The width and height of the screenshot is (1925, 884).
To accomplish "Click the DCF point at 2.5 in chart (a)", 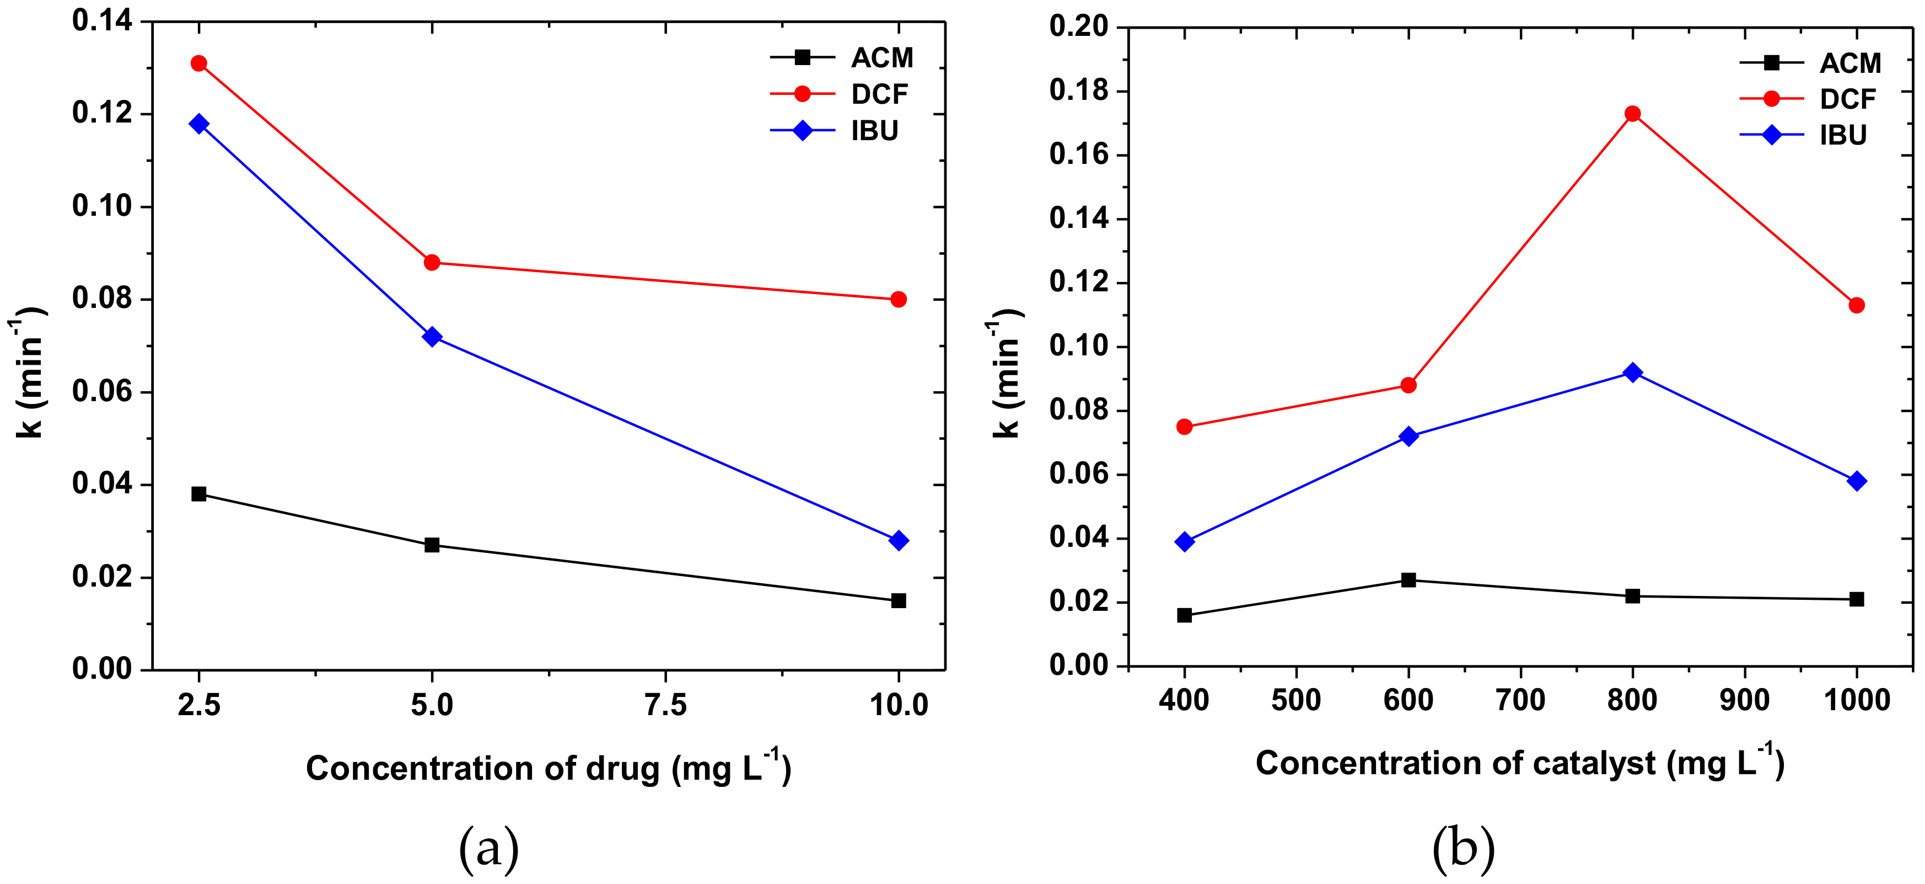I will (199, 63).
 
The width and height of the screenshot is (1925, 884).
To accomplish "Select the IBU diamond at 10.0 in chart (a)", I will (899, 540).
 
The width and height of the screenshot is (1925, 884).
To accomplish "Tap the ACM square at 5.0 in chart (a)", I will (432, 545).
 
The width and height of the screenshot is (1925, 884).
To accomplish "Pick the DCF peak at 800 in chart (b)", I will (1633, 114).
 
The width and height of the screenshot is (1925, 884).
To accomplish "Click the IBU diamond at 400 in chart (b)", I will (1185, 541).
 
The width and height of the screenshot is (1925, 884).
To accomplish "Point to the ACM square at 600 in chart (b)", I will (1408, 579).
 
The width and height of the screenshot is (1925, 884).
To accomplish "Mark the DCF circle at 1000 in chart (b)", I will (1857, 305).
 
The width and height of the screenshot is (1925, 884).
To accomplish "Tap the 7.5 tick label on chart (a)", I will (665, 705).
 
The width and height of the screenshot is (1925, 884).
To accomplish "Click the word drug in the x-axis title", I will (622, 769).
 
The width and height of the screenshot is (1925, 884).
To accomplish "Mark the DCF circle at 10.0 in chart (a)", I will (899, 299).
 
